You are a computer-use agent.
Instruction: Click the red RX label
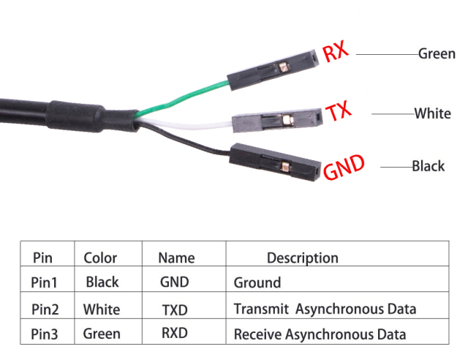[336, 53]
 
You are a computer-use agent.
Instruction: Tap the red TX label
[338, 112]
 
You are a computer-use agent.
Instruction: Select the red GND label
[344, 168]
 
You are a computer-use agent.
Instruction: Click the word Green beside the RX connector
[437, 53]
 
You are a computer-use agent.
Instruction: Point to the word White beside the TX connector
[432, 113]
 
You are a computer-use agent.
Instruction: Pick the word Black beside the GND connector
[428, 166]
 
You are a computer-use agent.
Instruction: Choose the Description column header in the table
[302, 258]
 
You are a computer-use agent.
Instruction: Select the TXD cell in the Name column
[175, 309]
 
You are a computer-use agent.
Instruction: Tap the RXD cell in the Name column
[175, 334]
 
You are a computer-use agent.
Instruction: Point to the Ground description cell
[257, 282]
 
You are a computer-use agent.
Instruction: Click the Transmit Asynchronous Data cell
[325, 309]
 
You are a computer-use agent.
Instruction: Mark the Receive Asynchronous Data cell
[320, 334]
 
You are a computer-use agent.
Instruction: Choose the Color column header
[100, 258]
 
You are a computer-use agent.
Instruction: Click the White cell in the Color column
[102, 309]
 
